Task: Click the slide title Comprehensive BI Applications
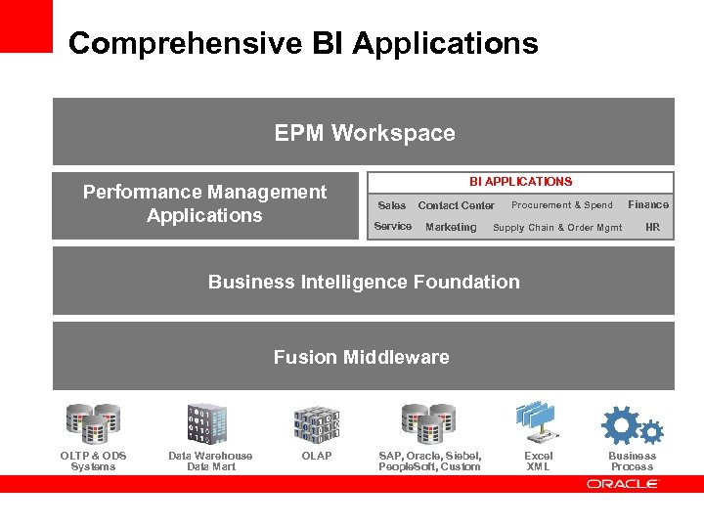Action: pyautogui.click(x=303, y=43)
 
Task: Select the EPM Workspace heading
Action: pyautogui.click(x=364, y=133)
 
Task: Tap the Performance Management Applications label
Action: pyautogui.click(x=204, y=203)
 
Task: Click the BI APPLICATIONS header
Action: pyautogui.click(x=520, y=181)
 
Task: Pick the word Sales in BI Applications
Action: pyautogui.click(x=392, y=205)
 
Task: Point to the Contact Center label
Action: pyautogui.click(x=456, y=205)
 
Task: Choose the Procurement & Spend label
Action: pyautogui.click(x=561, y=205)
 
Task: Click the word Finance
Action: pyautogui.click(x=648, y=204)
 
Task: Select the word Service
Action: pyautogui.click(x=393, y=227)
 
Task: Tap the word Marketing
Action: pyautogui.click(x=451, y=227)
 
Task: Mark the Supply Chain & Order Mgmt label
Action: pyautogui.click(x=557, y=228)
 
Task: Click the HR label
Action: pyautogui.click(x=652, y=227)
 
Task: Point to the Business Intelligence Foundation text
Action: pyautogui.click(x=364, y=282)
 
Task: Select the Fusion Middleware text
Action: pyautogui.click(x=362, y=357)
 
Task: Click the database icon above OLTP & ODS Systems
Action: pyautogui.click(x=93, y=423)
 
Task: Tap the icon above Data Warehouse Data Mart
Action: pyautogui.click(x=207, y=423)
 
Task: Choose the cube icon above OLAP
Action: pyautogui.click(x=318, y=423)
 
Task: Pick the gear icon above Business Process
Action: pyautogui.click(x=632, y=425)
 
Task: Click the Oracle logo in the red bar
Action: pyautogui.click(x=623, y=484)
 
